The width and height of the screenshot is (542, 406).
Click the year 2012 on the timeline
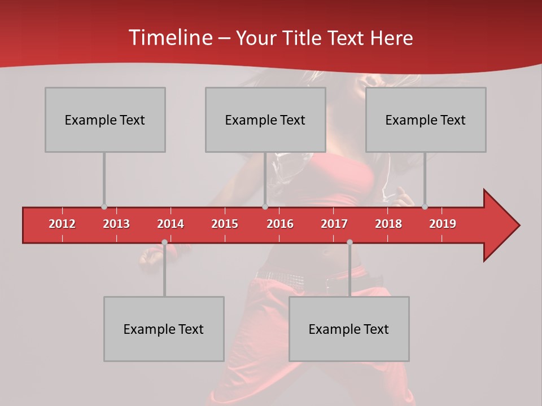(x=62, y=224)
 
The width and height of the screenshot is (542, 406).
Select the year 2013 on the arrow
(x=116, y=224)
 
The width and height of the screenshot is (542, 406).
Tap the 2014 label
(x=171, y=224)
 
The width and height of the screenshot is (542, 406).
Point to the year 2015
(x=225, y=224)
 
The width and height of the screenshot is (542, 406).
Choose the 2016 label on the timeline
(x=280, y=224)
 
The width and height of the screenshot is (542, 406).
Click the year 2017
(x=334, y=224)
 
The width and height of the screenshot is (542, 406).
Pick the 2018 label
(x=388, y=224)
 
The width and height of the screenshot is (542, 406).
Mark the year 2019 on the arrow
(x=443, y=224)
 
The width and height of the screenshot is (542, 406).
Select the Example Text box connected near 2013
(x=105, y=120)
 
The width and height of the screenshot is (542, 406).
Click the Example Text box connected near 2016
(x=265, y=120)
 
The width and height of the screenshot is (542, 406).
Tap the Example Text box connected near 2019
(x=426, y=120)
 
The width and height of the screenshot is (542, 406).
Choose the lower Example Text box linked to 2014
(x=164, y=329)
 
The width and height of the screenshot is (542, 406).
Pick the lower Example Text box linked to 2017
(x=349, y=329)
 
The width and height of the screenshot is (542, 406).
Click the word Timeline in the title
(x=169, y=38)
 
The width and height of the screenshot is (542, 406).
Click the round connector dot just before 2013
(x=104, y=207)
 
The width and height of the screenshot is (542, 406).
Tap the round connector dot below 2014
(x=164, y=242)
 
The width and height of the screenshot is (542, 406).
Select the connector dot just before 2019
(x=425, y=207)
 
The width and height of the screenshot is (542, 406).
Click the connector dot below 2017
(x=349, y=242)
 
